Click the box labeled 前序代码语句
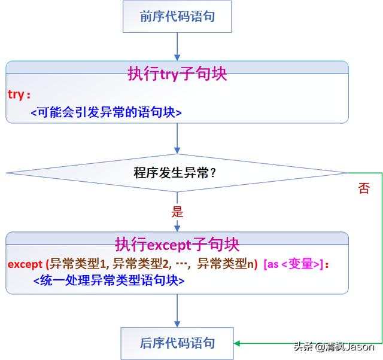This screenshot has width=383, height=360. click(x=177, y=17)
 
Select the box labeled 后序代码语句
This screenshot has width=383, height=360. click(x=177, y=343)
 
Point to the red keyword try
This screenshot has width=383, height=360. click(x=18, y=94)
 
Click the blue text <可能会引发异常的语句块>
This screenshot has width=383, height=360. click(x=105, y=112)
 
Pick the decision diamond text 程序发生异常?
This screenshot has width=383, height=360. click(x=175, y=173)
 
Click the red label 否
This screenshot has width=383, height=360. click(x=364, y=189)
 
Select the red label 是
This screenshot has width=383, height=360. click(x=177, y=212)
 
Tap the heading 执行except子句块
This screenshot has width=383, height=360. click(x=177, y=245)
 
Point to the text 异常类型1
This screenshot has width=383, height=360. click(x=78, y=263)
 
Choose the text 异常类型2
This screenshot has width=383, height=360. click(x=142, y=263)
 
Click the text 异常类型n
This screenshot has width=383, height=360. click(x=226, y=263)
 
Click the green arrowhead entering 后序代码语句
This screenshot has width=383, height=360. click(x=238, y=343)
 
